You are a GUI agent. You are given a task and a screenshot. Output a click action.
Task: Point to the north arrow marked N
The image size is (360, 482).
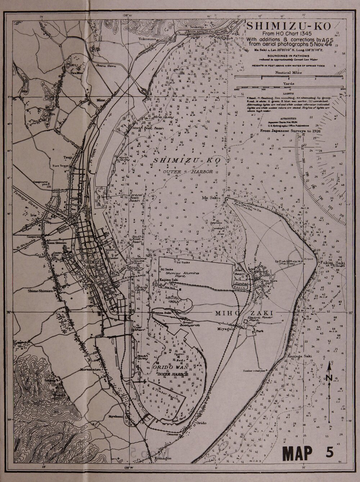pos(329,377)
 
